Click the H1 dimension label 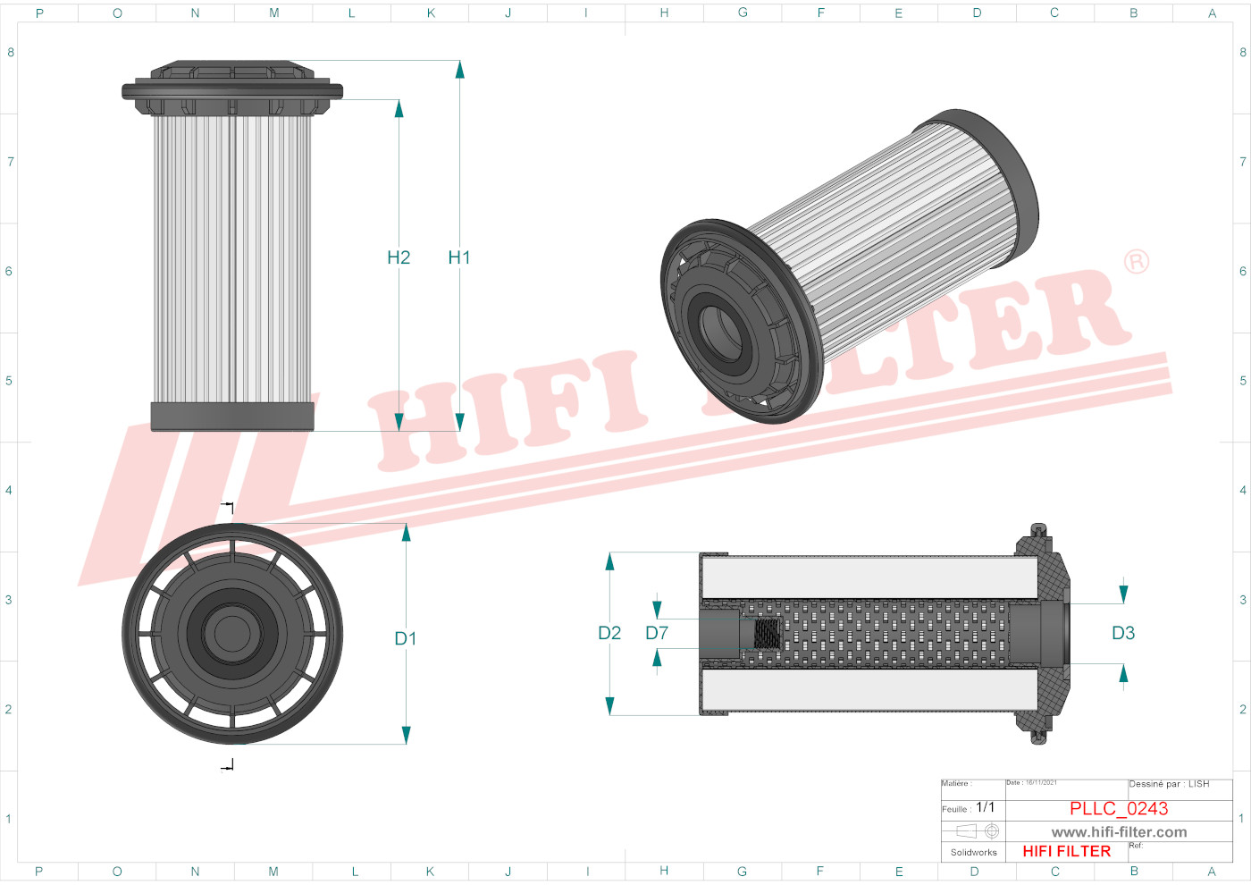click(x=458, y=257)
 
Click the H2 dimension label click(x=399, y=257)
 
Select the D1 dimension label click(x=406, y=638)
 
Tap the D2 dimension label click(x=609, y=633)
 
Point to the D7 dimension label click(x=657, y=633)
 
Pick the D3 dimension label click(x=1123, y=633)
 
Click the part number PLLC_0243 click(x=1119, y=808)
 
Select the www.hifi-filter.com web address click(x=1119, y=832)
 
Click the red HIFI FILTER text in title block click(x=1066, y=851)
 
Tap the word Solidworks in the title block click(x=973, y=853)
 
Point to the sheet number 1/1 click(x=985, y=807)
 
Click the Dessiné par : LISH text click(x=1169, y=784)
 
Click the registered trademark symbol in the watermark click(x=1136, y=262)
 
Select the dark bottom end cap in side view click(x=232, y=416)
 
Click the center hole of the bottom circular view click(x=232, y=634)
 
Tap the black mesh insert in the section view click(x=768, y=634)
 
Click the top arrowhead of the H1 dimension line click(x=459, y=69)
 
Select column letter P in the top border click(x=39, y=13)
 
